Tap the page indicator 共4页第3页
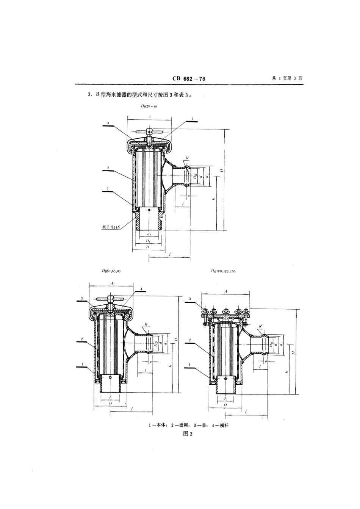pos(287,78)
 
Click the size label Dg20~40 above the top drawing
pos(149,107)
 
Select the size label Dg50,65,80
pos(111,271)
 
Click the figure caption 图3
pos(188,434)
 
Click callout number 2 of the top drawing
pos(108,168)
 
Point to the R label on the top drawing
pos(187,158)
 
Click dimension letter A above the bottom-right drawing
pos(226,291)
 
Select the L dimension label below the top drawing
pos(171,255)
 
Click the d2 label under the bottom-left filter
pos(110,398)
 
